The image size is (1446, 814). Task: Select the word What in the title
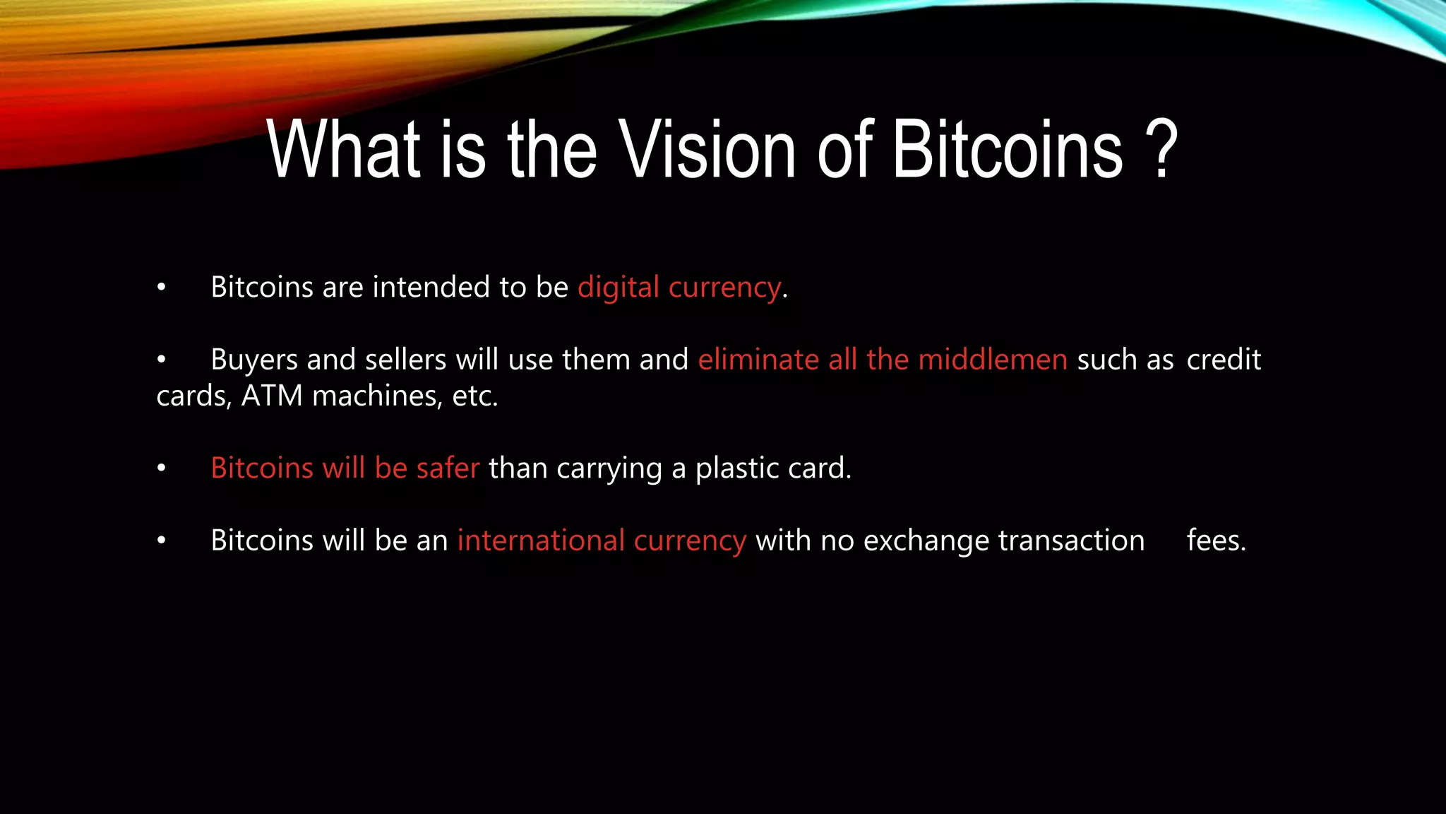344,149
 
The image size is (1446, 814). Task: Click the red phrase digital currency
679,288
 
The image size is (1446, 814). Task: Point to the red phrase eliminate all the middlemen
883,360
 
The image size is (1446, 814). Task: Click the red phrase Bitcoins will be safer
345,468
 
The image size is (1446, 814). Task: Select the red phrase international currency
602,541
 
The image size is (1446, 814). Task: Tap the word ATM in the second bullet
272,396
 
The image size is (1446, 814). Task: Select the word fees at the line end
1216,541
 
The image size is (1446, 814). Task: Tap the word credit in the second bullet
1223,360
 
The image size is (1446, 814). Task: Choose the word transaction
1071,541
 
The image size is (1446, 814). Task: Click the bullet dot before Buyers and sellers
162,360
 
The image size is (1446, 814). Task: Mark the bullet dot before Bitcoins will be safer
162,468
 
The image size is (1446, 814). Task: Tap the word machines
377,396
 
